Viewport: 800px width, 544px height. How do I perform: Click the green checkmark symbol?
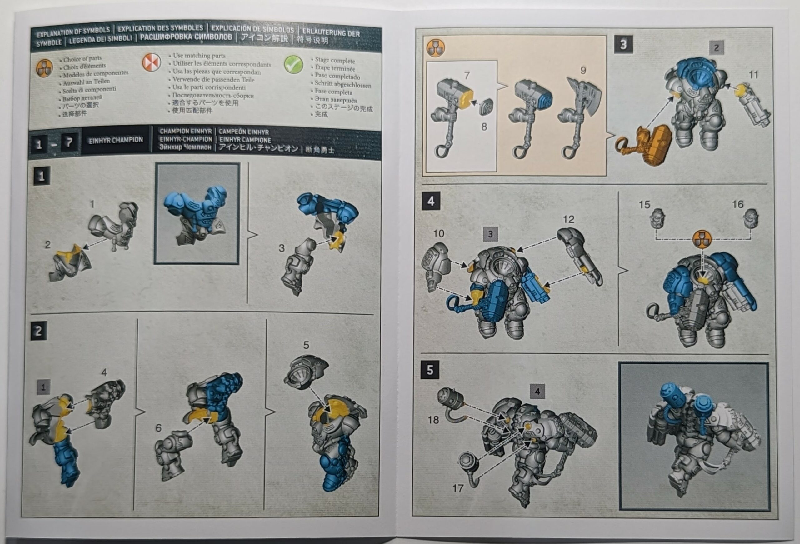pos(293,64)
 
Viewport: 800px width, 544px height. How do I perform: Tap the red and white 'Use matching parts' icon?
pos(151,62)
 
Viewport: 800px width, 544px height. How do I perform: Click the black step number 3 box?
pos(623,45)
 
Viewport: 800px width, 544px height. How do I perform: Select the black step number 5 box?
pos(430,370)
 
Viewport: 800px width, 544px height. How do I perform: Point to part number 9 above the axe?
pos(583,71)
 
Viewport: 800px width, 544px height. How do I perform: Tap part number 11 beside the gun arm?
pos(753,75)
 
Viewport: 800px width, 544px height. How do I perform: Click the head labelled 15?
pos(657,218)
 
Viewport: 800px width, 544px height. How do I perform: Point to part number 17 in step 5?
pos(458,488)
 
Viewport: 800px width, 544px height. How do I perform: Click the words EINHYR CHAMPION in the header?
pos(116,140)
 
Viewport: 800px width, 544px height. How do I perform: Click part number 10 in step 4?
pos(438,234)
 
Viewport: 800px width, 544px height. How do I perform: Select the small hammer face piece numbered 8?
pos(486,107)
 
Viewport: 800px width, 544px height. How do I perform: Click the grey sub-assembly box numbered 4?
pos(537,391)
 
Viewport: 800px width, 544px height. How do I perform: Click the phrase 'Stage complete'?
pos(335,61)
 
